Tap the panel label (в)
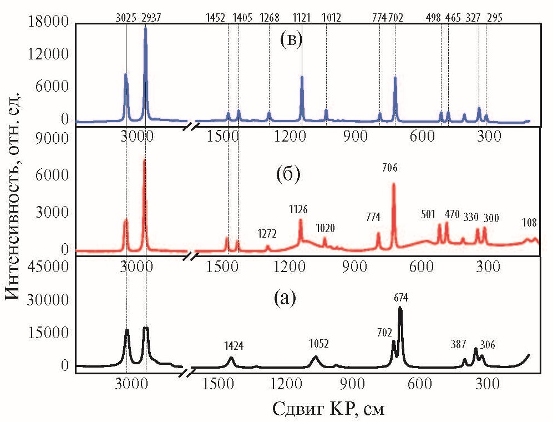[291, 42]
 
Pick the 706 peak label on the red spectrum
[390, 167]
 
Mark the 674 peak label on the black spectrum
[401, 298]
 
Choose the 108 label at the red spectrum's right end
[530, 223]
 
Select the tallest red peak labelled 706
[394, 184]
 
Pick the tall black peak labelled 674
[400, 308]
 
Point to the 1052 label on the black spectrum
[318, 344]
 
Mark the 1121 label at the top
[302, 17]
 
